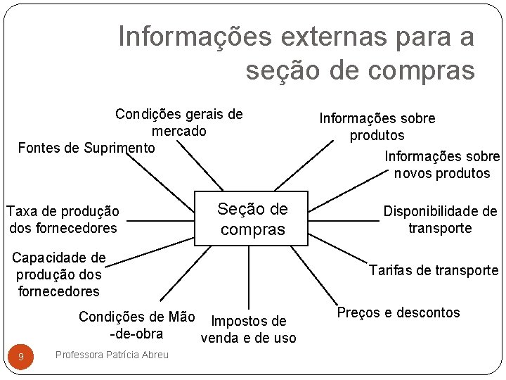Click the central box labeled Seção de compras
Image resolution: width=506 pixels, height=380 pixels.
(x=251, y=218)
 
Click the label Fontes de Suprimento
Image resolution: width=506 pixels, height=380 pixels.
(x=86, y=148)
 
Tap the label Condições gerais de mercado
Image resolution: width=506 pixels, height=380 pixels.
(x=179, y=122)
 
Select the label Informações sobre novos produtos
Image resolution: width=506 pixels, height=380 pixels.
(x=442, y=165)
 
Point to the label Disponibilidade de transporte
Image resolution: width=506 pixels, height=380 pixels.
(x=440, y=220)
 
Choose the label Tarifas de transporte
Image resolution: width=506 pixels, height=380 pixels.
(x=434, y=270)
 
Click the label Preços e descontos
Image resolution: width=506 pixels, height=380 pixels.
(x=398, y=312)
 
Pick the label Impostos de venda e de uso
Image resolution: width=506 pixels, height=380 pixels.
(x=248, y=329)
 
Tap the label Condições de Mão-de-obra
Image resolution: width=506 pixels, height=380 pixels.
(x=136, y=325)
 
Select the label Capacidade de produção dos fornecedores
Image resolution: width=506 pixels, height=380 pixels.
(x=59, y=274)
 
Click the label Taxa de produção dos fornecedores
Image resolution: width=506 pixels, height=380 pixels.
(x=63, y=220)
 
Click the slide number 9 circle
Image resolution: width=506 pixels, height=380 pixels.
(x=21, y=357)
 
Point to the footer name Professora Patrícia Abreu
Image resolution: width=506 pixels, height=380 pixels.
(x=112, y=355)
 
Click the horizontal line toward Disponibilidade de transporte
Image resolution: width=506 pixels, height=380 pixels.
(x=344, y=220)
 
